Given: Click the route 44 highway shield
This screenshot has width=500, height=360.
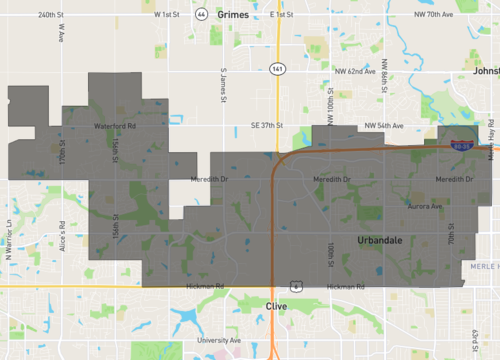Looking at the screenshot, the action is pyautogui.click(x=202, y=15).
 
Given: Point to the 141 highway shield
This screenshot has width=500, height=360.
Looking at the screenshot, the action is pyautogui.click(x=278, y=68).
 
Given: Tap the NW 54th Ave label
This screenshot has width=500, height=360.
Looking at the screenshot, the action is pyautogui.click(x=383, y=126).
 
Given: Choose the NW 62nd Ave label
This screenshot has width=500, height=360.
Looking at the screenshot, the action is pyautogui.click(x=356, y=72).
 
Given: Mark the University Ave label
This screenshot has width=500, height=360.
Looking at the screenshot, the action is pyautogui.click(x=219, y=340).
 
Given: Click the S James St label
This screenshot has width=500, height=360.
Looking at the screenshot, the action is pyautogui.click(x=224, y=84).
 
